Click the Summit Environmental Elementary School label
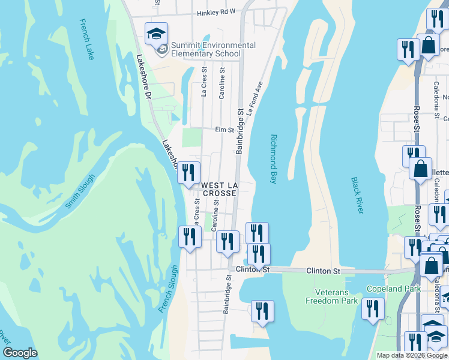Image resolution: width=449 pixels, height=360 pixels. (x=213, y=49)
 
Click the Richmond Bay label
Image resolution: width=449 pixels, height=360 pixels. (x=273, y=159)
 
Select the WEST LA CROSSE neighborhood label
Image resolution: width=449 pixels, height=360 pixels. (x=219, y=189)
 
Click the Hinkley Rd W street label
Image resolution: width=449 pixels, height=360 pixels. (x=216, y=11)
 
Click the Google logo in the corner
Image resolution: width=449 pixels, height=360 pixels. (x=20, y=353)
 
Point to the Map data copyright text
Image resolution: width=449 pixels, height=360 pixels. (x=412, y=355)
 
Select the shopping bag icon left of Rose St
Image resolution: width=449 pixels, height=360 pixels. (x=420, y=167)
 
